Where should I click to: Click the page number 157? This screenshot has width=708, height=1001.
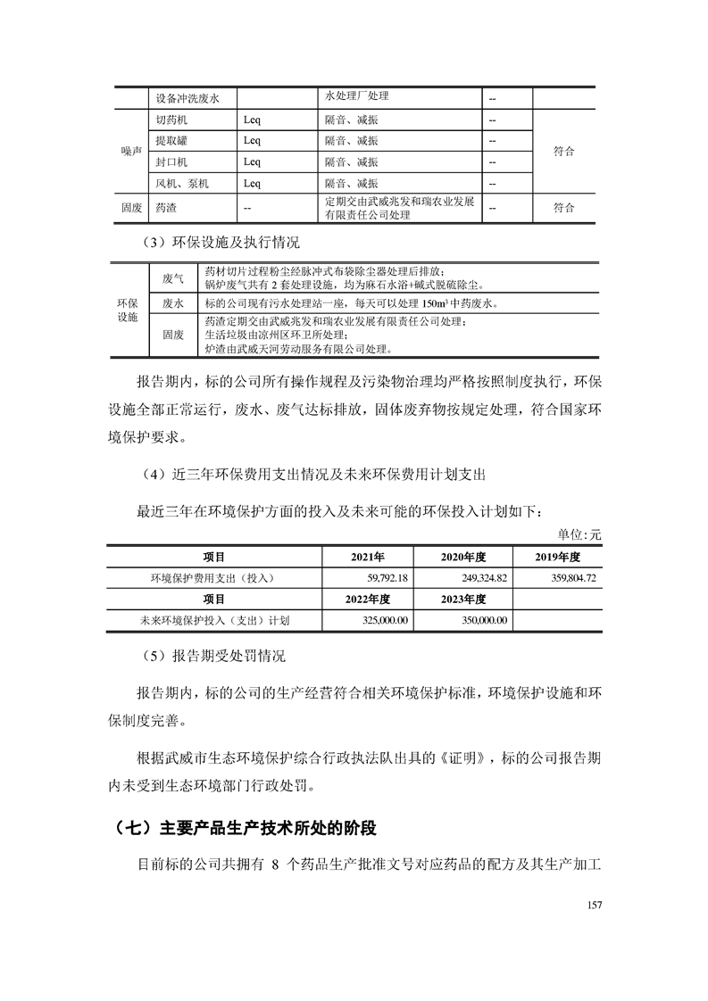pos(596,906)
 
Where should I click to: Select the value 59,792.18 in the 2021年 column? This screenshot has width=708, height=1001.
pos(379,578)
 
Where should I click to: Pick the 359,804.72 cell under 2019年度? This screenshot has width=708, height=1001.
pos(567,578)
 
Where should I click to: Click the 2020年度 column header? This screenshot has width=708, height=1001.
pos(462,557)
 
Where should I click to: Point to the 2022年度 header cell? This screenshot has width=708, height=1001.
pos(367,599)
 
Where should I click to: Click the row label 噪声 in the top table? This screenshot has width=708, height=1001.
pos(131,152)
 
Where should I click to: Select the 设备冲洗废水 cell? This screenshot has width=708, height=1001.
pos(187,98)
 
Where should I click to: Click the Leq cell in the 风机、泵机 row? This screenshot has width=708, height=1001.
pos(252,184)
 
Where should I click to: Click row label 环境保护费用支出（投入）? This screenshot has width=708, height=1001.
pos(213,578)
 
